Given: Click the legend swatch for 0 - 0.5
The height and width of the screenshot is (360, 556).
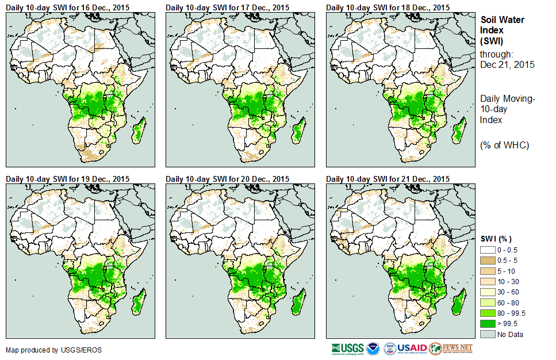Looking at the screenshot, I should click(x=488, y=250).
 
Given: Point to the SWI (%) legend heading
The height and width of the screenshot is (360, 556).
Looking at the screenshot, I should click(x=496, y=239).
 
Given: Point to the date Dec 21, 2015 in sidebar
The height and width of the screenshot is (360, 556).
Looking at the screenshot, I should click(x=507, y=64).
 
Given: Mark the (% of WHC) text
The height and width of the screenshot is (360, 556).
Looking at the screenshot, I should click(x=504, y=145).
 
